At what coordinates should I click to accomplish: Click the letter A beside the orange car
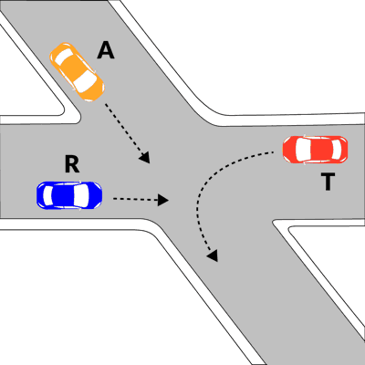click(106, 50)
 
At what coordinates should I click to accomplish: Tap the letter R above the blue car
click(72, 164)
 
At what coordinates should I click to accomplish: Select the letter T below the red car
click(328, 182)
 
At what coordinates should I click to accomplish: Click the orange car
click(77, 72)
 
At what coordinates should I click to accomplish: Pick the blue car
click(69, 195)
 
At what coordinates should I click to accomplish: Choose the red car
click(315, 150)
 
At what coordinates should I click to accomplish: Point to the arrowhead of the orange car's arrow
click(145, 157)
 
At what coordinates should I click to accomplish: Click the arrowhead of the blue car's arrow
click(163, 200)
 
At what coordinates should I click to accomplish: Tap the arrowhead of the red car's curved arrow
click(213, 255)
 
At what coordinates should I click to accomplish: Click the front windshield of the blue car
click(81, 195)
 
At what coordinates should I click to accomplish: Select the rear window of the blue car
click(47, 195)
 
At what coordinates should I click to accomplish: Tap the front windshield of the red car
click(303, 150)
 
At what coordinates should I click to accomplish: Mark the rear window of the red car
click(337, 150)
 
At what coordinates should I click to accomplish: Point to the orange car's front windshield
click(85, 82)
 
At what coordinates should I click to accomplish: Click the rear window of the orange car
click(64, 57)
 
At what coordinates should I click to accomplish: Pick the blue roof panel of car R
click(63, 195)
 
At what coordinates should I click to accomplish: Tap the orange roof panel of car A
click(74, 68)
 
